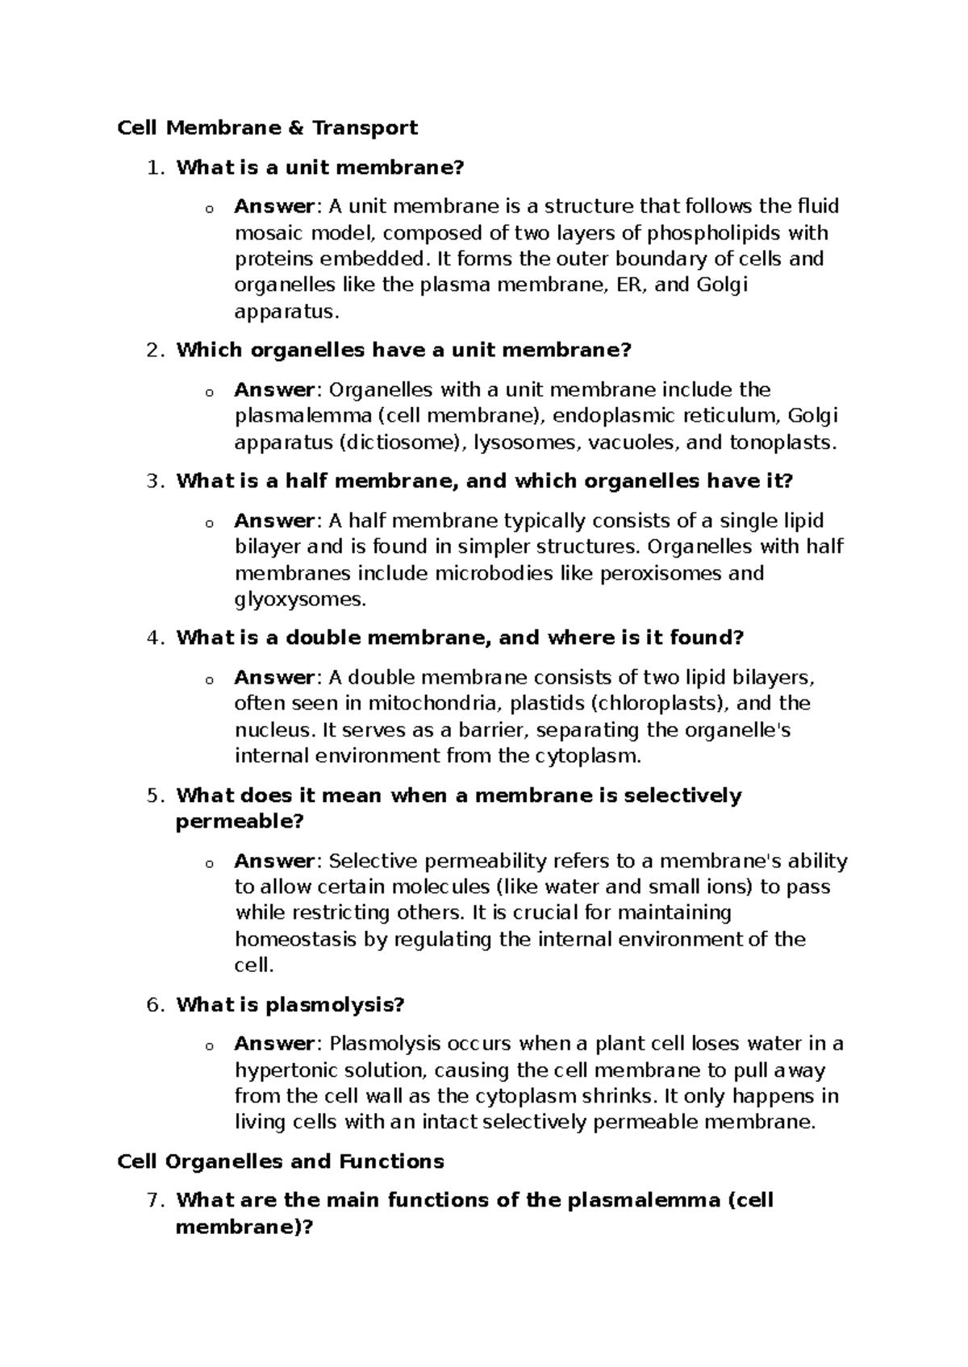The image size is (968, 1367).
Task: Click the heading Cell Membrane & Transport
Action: [x=268, y=127]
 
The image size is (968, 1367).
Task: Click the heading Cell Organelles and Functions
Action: [x=281, y=1161]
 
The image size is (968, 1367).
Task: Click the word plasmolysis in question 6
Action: [x=335, y=1005]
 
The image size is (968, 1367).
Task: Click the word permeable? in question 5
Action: [x=240, y=822]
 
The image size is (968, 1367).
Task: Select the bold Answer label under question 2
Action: [x=273, y=390]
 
